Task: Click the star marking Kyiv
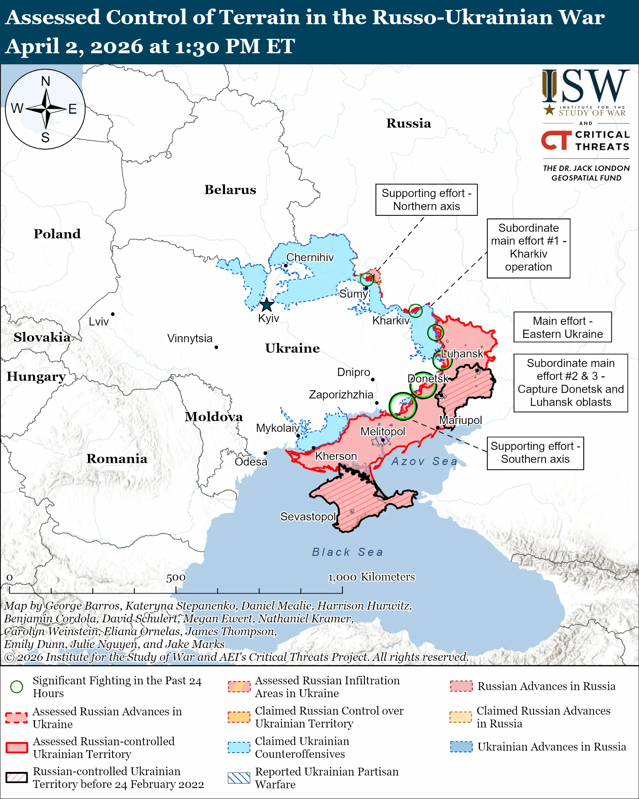tap(267, 305)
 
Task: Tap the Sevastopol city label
tap(308, 516)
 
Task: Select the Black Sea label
tap(347, 552)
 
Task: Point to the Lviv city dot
tap(112, 314)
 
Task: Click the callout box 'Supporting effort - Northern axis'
tap(426, 200)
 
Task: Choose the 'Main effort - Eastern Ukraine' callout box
tap(562, 327)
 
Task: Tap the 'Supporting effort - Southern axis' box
tap(535, 453)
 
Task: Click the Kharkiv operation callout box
tap(528, 247)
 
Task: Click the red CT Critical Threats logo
tap(556, 140)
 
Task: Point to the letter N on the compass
tap(46, 81)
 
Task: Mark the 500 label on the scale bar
tap(176, 578)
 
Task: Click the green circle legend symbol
tap(17, 687)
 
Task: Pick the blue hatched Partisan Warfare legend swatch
tap(239, 778)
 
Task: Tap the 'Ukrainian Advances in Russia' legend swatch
tap(461, 747)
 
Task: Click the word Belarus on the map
tap(230, 190)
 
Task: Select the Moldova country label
tap(214, 417)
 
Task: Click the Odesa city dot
tap(265, 453)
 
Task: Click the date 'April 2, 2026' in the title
tap(74, 46)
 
